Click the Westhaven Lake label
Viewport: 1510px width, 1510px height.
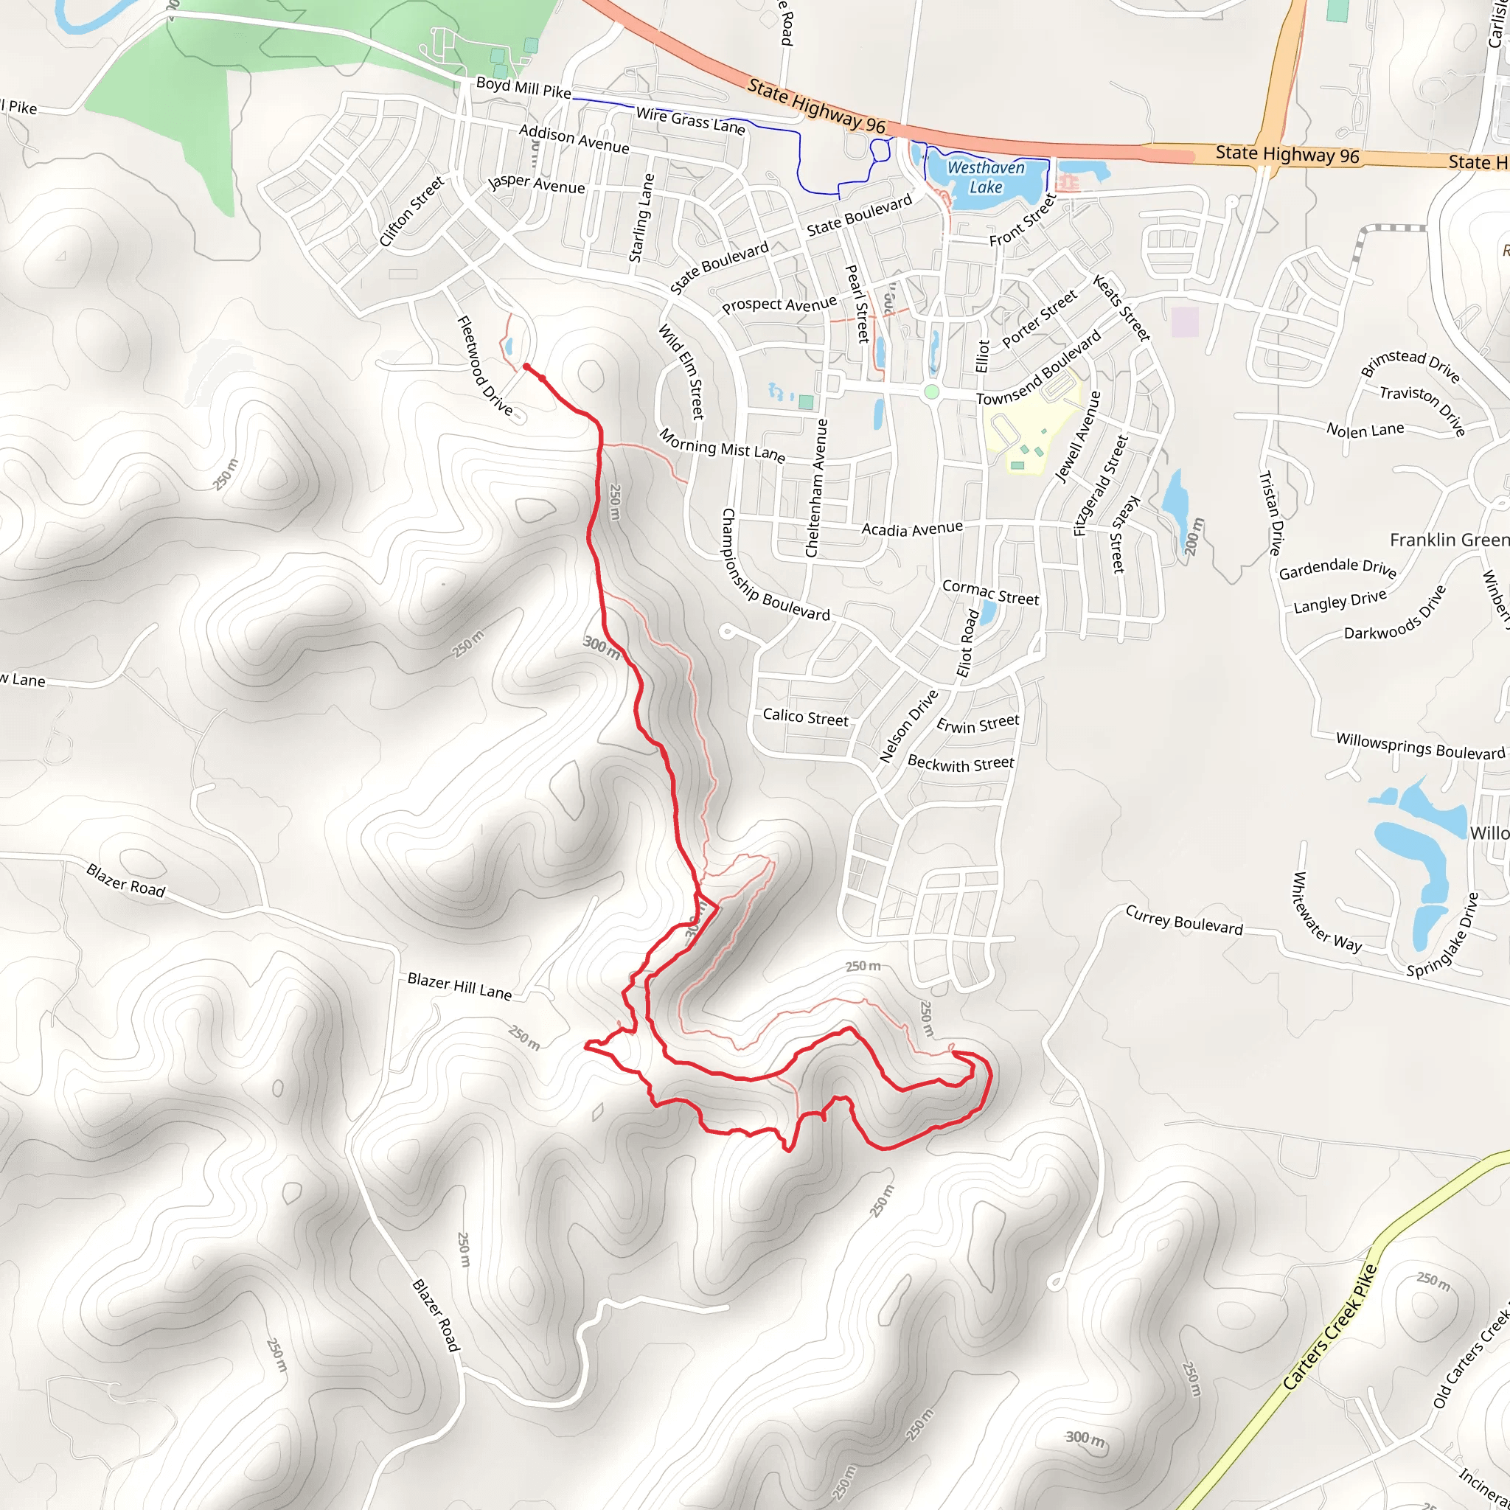coord(986,178)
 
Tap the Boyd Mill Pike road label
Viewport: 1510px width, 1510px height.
coord(523,88)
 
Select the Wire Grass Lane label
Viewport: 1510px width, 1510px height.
coord(690,121)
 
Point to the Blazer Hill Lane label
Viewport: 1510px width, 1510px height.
coord(459,987)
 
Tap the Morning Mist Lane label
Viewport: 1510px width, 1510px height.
coord(721,445)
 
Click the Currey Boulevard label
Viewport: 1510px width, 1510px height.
coord(1183,920)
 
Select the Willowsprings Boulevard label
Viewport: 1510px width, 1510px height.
coord(1419,745)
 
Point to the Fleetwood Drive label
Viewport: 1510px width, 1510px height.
coord(484,365)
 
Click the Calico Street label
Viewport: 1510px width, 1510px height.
coord(805,717)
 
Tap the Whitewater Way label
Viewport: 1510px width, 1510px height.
coord(1326,913)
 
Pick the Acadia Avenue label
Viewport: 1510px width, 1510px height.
coord(911,529)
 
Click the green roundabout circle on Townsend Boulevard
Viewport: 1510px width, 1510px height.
coord(931,392)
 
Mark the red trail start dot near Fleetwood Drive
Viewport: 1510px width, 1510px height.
coord(526,366)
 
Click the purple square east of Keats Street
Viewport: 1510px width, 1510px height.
coord(1185,321)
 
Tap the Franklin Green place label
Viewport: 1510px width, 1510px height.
coord(1448,540)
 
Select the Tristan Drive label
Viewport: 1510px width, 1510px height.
coord(1271,513)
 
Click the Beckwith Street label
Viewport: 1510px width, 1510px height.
coord(960,764)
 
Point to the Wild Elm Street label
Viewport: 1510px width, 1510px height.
coord(681,372)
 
